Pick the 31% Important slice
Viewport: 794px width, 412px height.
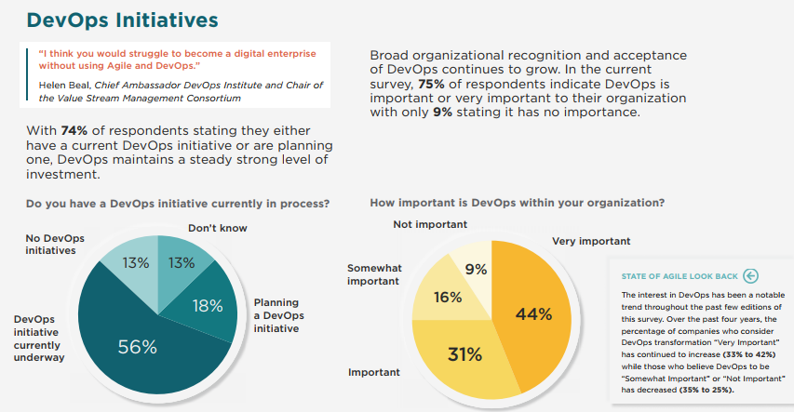(463, 354)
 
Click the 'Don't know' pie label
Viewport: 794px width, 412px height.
(218, 228)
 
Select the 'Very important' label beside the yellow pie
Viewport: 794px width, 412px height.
(591, 242)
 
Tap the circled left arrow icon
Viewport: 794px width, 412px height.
(751, 275)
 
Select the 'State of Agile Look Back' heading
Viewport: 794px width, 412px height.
(680, 276)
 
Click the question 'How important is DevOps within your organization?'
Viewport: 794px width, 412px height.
(517, 202)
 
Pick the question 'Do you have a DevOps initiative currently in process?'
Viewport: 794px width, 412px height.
(178, 203)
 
